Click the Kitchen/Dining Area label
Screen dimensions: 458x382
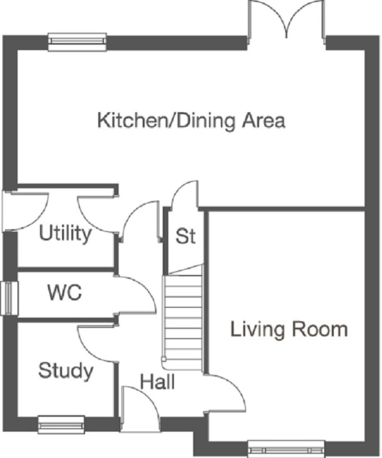pyautogui.click(x=191, y=121)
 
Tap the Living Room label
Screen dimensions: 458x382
pyautogui.click(x=289, y=329)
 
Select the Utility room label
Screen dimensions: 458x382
pyautogui.click(x=65, y=234)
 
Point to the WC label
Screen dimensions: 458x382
pyautogui.click(x=64, y=293)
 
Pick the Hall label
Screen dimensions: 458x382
pyautogui.click(x=158, y=382)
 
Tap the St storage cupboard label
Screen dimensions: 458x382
pyautogui.click(x=185, y=236)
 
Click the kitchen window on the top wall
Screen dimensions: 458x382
pyautogui.click(x=77, y=42)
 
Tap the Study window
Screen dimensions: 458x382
pyautogui.click(x=61, y=425)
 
